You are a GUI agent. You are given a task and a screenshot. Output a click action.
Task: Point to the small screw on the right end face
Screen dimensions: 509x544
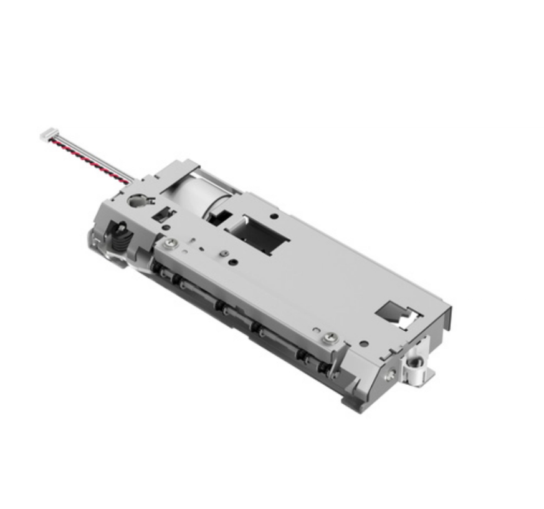[391, 375]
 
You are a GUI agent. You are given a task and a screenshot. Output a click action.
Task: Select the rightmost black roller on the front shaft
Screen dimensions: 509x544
[303, 354]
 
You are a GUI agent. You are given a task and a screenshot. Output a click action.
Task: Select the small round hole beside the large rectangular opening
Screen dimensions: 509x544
[274, 216]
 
